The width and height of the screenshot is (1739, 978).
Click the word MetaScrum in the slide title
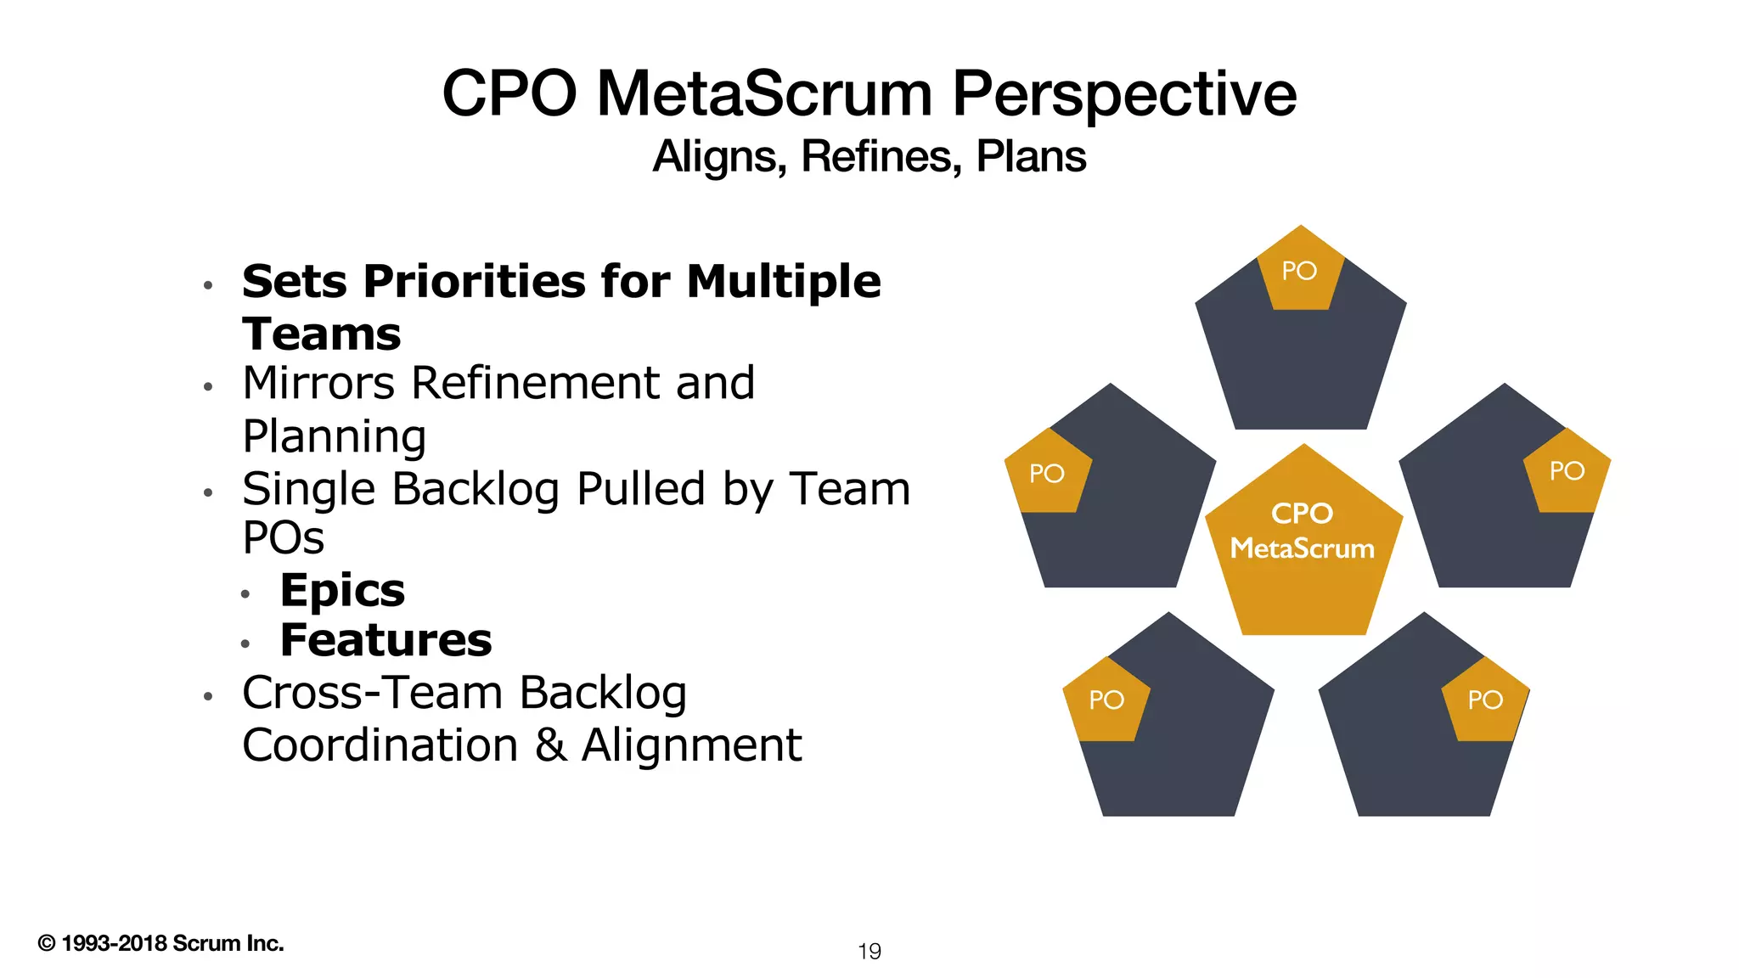(764, 93)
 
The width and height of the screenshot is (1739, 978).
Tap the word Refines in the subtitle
(880, 157)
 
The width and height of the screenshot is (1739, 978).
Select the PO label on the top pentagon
(1299, 271)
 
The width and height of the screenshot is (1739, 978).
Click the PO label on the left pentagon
(1046, 474)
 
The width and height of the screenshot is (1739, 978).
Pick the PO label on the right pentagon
(1567, 471)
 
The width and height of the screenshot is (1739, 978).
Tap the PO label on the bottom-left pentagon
(1106, 700)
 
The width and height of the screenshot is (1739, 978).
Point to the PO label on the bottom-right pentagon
(1485, 700)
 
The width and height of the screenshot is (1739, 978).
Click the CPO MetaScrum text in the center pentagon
(1302, 531)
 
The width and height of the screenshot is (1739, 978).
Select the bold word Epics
(342, 591)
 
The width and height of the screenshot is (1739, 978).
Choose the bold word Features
(386, 641)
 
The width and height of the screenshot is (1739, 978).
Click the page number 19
(869, 952)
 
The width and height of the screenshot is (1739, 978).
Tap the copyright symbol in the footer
(47, 943)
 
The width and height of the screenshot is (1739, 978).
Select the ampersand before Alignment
(550, 745)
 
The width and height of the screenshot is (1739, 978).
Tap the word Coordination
(380, 745)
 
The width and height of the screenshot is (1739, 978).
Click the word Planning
(334, 437)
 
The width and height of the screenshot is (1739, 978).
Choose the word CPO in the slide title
(509, 93)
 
